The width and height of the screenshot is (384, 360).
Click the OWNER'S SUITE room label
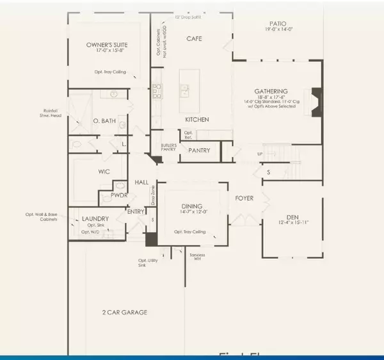[108, 45]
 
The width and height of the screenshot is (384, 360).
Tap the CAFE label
[194, 38]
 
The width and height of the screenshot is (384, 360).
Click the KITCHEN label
[198, 120]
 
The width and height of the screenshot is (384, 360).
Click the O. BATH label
[103, 122]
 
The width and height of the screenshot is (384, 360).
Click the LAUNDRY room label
[95, 219]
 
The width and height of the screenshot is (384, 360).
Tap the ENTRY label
[136, 211]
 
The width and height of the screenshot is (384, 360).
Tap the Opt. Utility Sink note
[148, 263]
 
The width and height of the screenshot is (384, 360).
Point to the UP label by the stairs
[259, 154]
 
